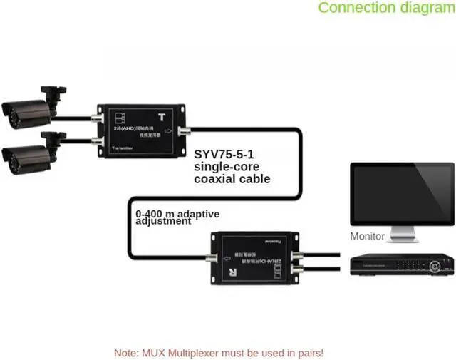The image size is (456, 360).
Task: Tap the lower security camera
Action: point(28,153)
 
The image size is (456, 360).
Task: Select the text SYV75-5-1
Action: point(224,153)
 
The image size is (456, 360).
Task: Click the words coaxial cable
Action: point(232,178)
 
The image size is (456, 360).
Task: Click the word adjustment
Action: point(163,221)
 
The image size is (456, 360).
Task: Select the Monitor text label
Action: point(368,236)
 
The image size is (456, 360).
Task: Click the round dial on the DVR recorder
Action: point(436,266)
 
